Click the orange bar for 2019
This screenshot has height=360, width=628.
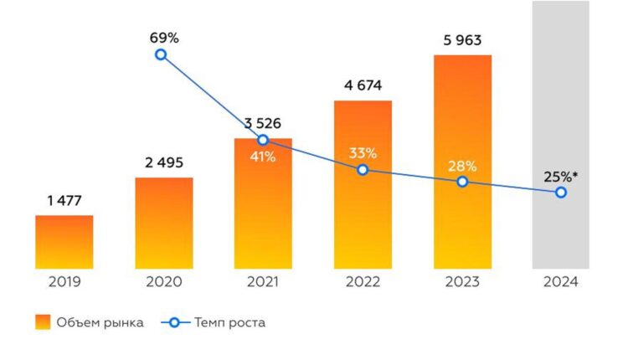[64, 242]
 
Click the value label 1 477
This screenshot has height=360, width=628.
[64, 200]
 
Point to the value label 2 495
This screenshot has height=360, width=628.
[164, 162]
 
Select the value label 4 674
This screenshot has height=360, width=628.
[363, 85]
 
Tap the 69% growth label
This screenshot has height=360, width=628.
[164, 38]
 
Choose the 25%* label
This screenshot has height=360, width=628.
[560, 176]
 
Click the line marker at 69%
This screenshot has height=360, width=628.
[161, 54]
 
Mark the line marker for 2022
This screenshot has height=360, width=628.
[363, 169]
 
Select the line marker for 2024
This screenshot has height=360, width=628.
[561, 193]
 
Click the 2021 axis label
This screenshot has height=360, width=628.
[263, 282]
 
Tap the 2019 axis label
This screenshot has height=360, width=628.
[64, 282]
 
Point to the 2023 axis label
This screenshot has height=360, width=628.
[462, 282]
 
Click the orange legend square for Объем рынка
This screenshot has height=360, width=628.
[43, 322]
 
